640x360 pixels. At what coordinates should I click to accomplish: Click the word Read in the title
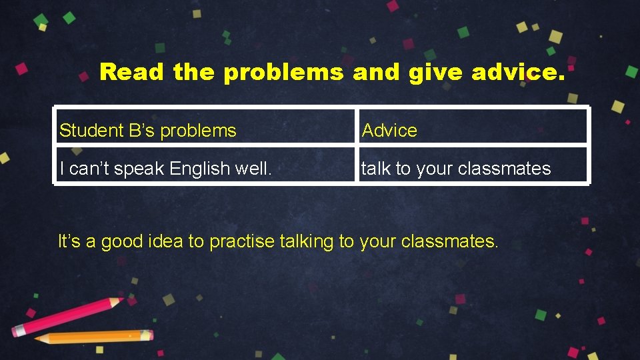click(131, 72)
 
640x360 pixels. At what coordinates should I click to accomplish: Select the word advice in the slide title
click(517, 72)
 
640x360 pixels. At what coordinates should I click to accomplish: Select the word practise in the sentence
click(241, 242)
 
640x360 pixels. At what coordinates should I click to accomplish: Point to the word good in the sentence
click(123, 242)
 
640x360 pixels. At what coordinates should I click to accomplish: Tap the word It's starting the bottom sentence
click(69, 241)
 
